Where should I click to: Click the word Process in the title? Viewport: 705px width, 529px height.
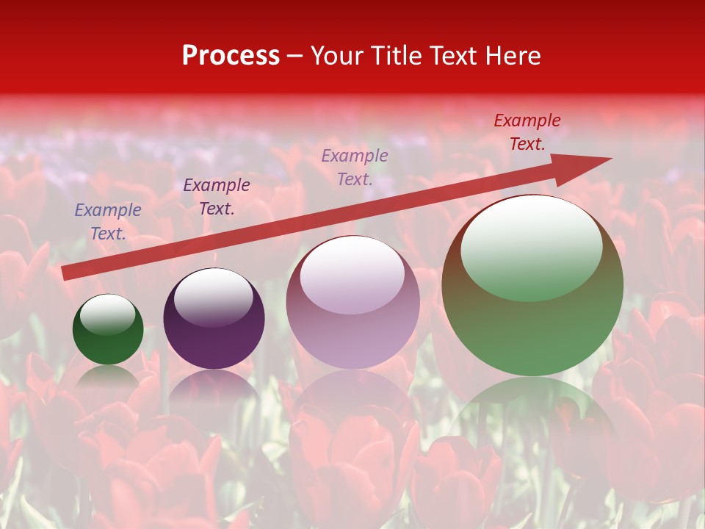[231, 56]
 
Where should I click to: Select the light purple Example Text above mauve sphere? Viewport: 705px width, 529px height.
[355, 167]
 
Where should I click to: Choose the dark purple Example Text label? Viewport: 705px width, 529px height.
[217, 197]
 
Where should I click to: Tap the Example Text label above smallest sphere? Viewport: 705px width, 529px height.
[108, 222]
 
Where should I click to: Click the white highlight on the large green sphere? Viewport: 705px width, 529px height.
[532, 246]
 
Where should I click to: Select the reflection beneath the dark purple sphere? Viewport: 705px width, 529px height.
[214, 389]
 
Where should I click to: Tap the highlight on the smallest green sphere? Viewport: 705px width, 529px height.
[107, 314]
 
